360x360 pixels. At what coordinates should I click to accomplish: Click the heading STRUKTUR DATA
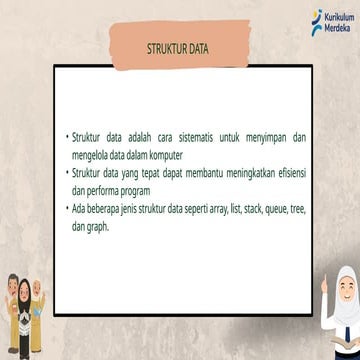179,46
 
